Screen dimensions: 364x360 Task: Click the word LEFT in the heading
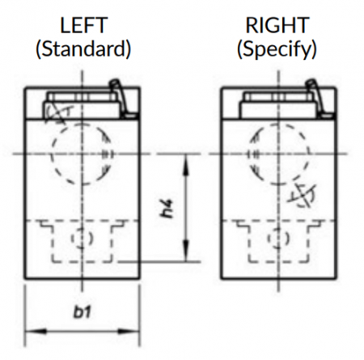[x=83, y=25]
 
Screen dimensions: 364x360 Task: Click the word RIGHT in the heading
[x=277, y=25]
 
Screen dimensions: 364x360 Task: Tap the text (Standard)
[x=83, y=49]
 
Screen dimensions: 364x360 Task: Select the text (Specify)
[x=277, y=49]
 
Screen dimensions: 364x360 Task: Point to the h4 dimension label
[x=167, y=209]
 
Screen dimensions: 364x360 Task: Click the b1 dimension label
[x=83, y=312]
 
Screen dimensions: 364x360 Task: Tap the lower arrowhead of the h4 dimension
[x=185, y=251]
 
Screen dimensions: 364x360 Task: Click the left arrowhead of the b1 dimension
[x=36, y=331]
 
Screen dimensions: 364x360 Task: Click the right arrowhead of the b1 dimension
[x=129, y=331]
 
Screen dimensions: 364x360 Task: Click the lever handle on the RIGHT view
[x=317, y=99]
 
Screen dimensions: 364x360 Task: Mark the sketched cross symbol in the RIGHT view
[x=302, y=196]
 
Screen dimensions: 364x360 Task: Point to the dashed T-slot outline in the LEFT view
[x=52, y=243]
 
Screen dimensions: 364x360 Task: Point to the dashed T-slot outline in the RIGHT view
[x=248, y=243]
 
